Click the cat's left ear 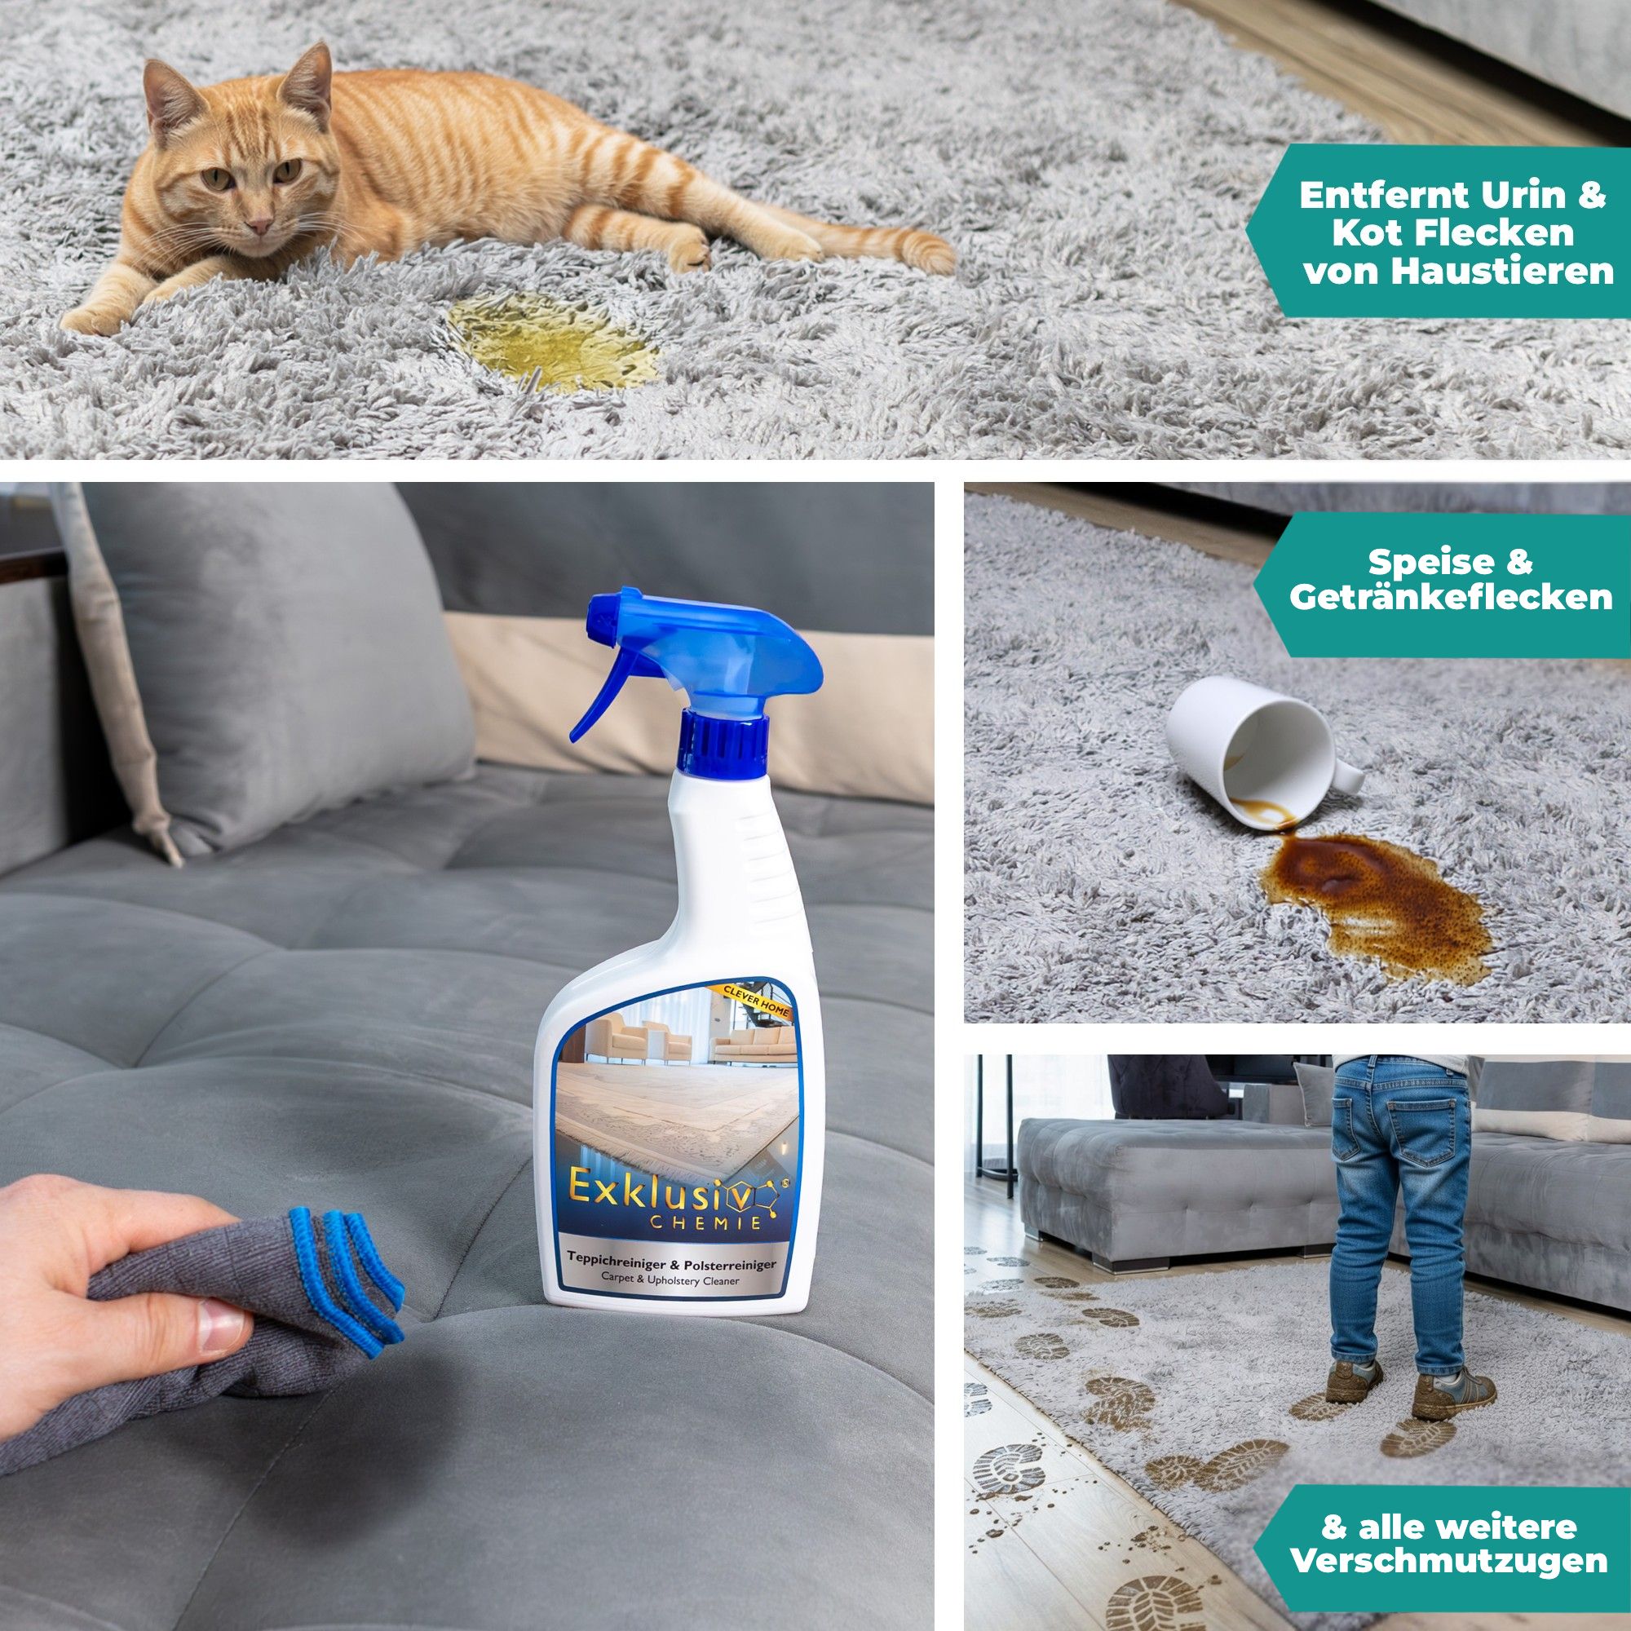(310, 81)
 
